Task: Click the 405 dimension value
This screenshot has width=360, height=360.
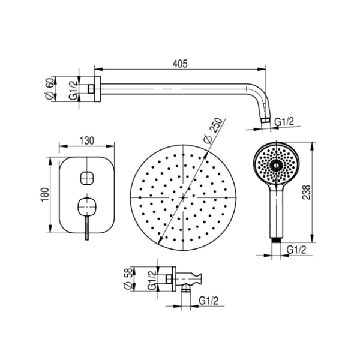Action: tap(180, 64)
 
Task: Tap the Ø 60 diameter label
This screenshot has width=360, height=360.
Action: tap(50, 89)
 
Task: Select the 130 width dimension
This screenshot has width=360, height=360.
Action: tap(87, 140)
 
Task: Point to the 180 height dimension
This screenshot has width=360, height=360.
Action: tap(45, 194)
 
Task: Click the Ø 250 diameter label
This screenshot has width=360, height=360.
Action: tap(213, 131)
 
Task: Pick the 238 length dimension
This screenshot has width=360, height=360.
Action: tap(306, 192)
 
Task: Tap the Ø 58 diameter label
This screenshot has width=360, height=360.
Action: tap(128, 279)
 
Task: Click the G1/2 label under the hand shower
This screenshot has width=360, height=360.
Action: tap(297, 250)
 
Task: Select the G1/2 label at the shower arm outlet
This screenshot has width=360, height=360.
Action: tap(284, 121)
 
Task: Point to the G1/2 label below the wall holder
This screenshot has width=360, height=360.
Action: tap(208, 301)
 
